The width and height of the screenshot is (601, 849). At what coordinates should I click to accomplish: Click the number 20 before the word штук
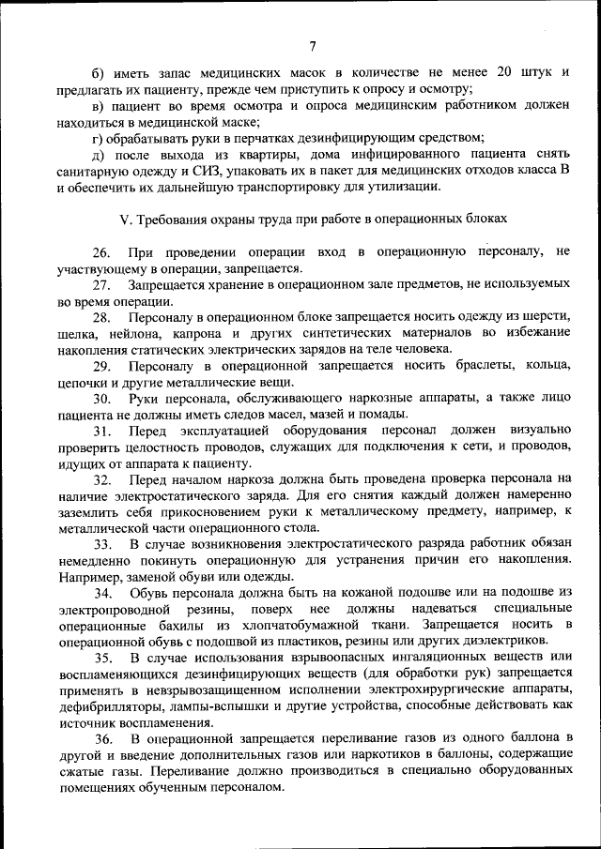pos(504,73)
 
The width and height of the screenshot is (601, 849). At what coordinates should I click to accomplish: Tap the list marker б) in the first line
pos(97,73)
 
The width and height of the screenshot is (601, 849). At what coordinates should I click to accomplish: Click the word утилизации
pos(407,187)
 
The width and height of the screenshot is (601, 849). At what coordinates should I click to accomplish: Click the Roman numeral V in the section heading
pos(125,220)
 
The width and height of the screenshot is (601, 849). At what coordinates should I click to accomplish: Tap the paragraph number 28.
pos(100,319)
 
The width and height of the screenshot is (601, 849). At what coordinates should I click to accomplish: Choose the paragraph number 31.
pos(100,432)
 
